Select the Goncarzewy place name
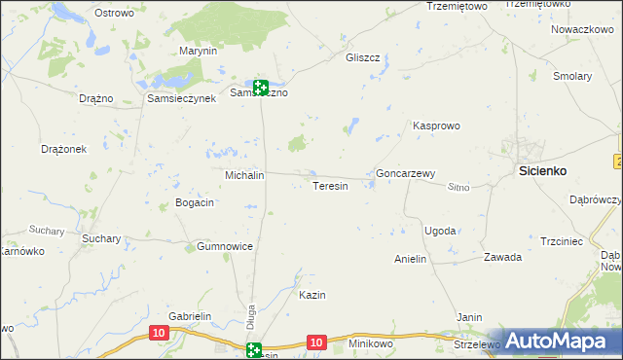click(x=405, y=174)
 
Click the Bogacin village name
click(x=194, y=202)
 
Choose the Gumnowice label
click(x=225, y=246)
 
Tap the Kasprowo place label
click(x=436, y=126)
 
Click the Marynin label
click(x=197, y=51)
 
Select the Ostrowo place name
click(x=114, y=13)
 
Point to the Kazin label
click(x=311, y=295)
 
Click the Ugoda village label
click(x=440, y=231)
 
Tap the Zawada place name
click(x=503, y=258)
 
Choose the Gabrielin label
click(x=190, y=317)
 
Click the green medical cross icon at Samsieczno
click(x=260, y=87)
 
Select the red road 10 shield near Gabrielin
click(x=159, y=333)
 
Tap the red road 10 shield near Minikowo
click(x=315, y=342)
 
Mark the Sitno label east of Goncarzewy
click(x=458, y=187)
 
